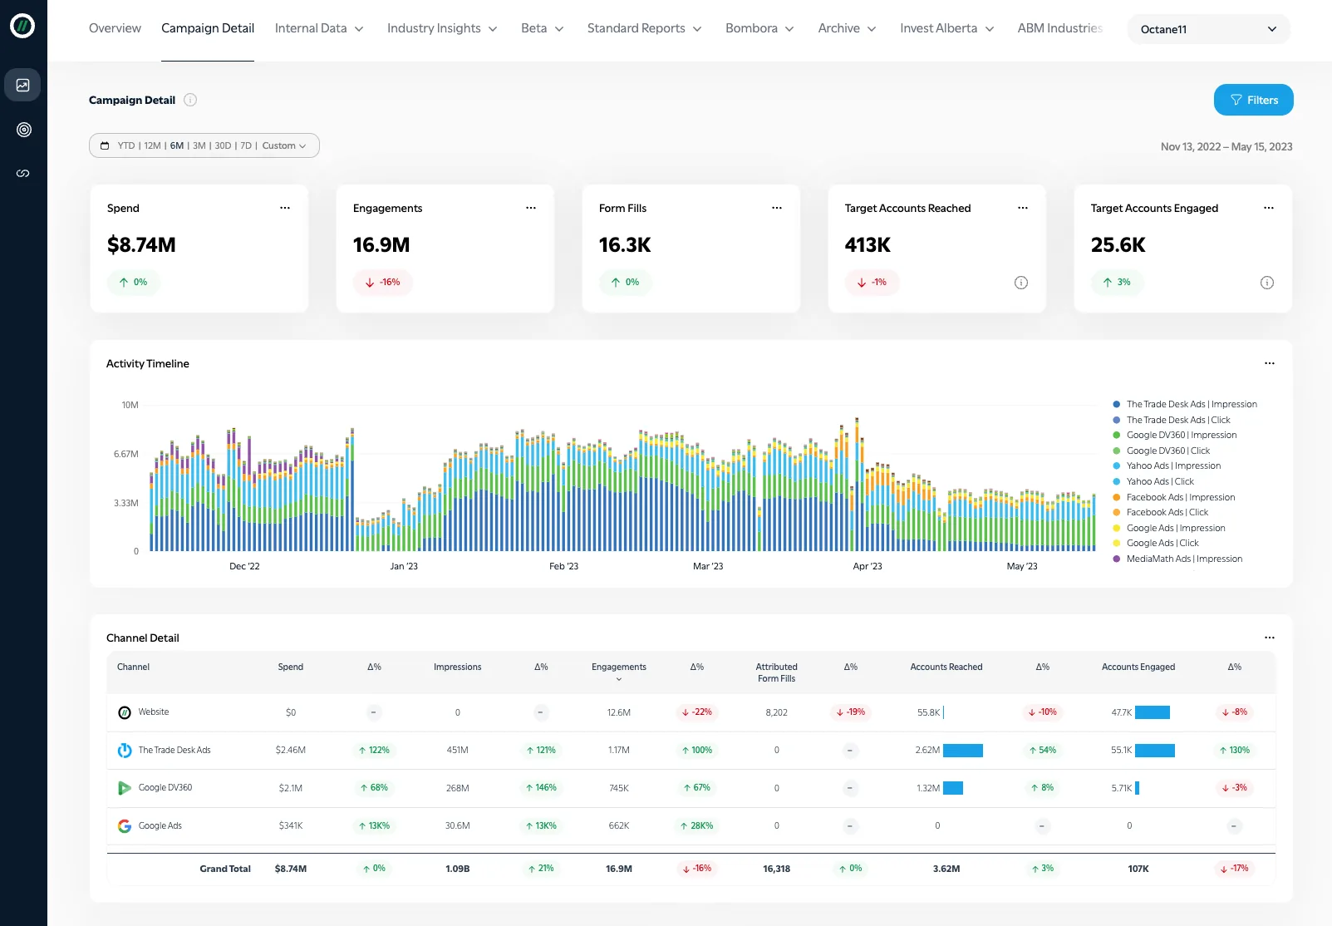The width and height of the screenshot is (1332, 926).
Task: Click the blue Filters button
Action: coord(1253,100)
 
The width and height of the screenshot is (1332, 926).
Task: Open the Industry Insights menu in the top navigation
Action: coord(442,28)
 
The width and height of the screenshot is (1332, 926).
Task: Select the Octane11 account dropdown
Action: coord(1208,29)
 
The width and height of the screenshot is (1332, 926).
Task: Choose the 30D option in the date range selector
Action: coord(223,145)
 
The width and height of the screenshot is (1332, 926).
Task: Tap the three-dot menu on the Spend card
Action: coord(285,208)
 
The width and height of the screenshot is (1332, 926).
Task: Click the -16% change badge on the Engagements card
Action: coord(383,283)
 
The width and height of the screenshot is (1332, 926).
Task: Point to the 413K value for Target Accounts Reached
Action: coord(868,245)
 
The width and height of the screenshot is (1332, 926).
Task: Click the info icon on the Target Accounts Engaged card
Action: coord(1267,283)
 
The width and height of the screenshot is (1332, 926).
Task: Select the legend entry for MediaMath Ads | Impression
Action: coord(1184,559)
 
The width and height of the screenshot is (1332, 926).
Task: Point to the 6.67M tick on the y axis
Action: coord(126,454)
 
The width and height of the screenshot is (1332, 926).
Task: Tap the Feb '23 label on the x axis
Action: coord(563,566)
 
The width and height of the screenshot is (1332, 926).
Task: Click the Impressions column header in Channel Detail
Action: coord(457,667)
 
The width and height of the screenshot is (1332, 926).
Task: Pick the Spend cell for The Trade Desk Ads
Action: coord(291,750)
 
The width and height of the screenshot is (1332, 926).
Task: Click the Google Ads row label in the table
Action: coord(160,825)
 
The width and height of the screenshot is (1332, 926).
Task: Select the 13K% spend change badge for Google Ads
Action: coord(374,825)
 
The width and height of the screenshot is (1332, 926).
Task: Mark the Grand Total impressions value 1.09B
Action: coord(457,869)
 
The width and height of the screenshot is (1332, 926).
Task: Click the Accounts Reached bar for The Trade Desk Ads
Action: coord(963,750)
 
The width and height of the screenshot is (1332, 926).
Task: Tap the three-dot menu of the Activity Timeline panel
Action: coord(1269,363)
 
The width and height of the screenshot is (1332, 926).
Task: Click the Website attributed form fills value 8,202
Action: coord(776,712)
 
